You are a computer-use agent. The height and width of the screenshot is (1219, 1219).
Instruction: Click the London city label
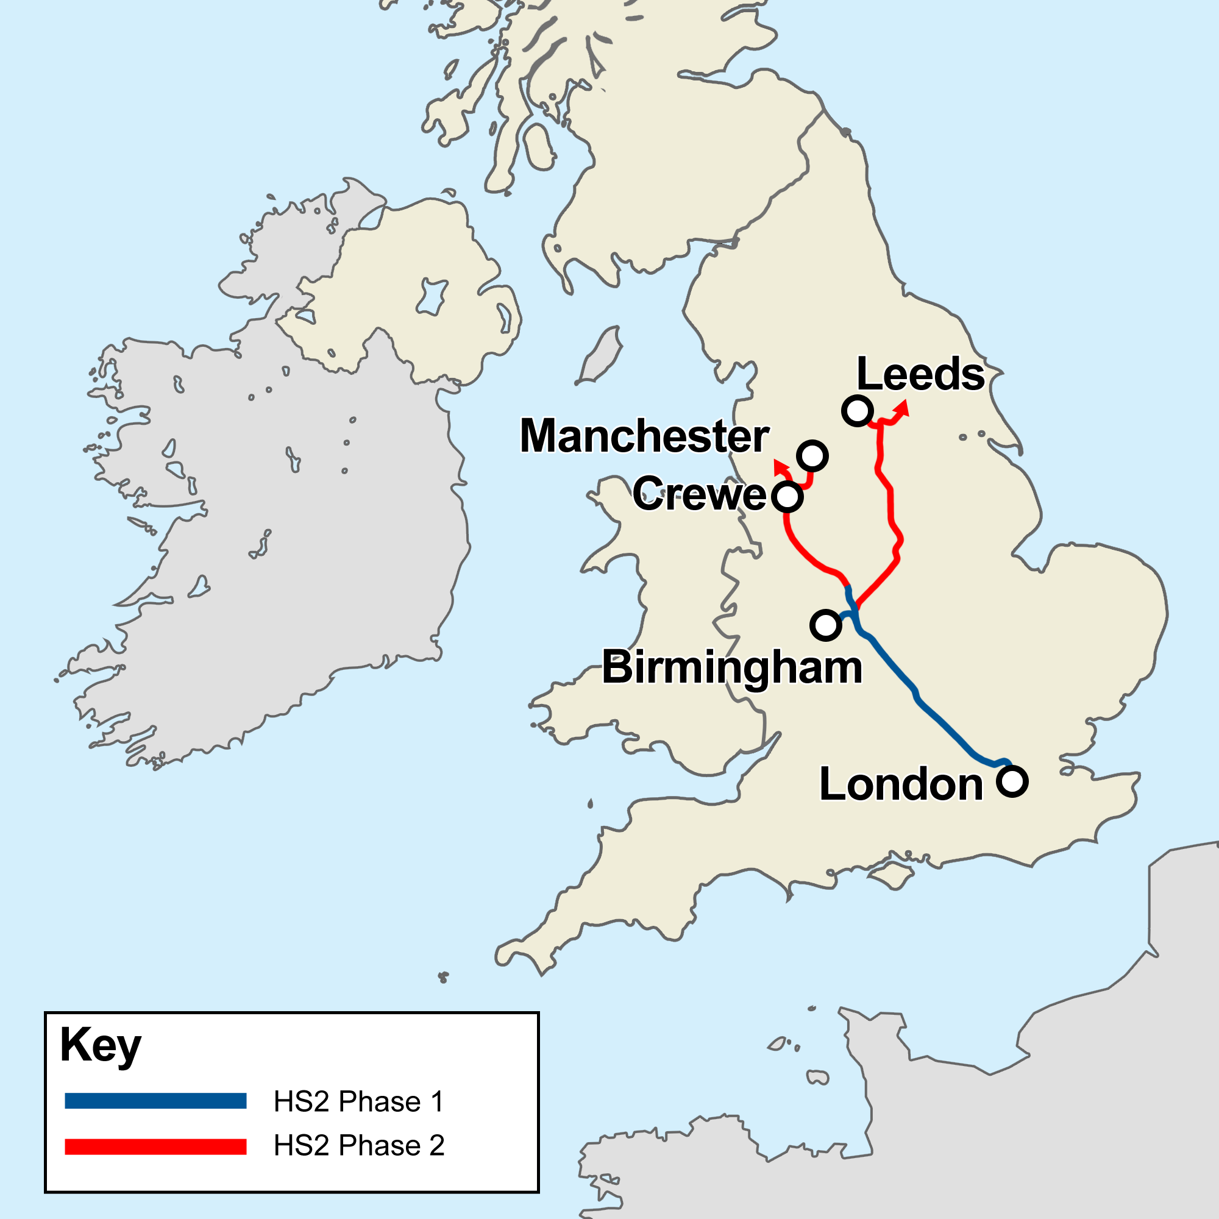(901, 784)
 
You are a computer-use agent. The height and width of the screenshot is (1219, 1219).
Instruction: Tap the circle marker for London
(1012, 781)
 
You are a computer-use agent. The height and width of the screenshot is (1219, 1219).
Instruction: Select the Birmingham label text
(732, 667)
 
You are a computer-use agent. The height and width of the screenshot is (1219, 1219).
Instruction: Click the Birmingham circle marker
(825, 625)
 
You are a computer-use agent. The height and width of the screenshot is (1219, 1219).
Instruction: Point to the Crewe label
(699, 494)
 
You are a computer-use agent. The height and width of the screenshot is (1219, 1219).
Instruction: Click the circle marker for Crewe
(787, 497)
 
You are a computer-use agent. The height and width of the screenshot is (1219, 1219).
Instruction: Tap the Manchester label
(644, 436)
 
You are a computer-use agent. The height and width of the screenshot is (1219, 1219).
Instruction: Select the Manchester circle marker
(812, 455)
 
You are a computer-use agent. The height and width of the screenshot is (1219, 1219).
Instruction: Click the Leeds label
(920, 374)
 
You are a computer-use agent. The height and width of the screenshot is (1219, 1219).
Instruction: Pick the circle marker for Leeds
(858, 411)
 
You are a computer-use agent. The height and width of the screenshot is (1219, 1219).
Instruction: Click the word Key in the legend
(101, 1046)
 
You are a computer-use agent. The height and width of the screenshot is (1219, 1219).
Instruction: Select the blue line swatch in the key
(155, 1101)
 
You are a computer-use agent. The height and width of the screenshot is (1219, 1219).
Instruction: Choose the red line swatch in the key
(155, 1146)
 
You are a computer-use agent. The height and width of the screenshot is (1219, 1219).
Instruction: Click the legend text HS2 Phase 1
(358, 1101)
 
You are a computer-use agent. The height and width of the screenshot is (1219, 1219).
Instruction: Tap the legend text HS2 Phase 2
(358, 1146)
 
